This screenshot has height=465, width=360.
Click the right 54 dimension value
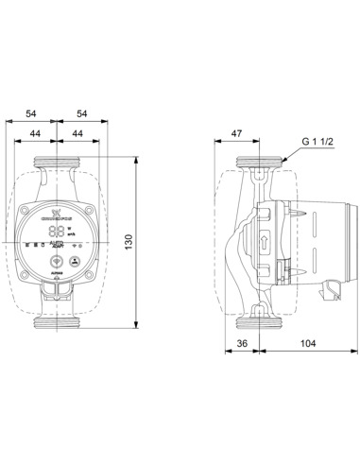(84, 113)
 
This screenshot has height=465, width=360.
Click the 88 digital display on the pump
(59, 231)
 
